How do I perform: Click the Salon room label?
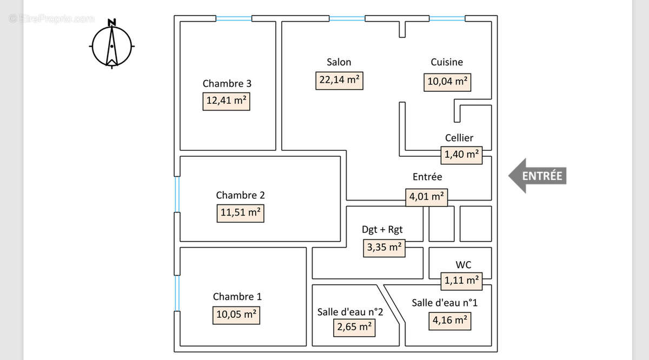click(x=339, y=62)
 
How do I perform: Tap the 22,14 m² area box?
click(x=339, y=81)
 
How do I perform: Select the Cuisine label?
click(x=447, y=62)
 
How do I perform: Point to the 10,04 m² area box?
click(x=447, y=82)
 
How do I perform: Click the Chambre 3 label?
click(x=227, y=83)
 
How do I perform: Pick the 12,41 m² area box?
click(x=226, y=102)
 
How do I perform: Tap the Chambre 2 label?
click(x=241, y=195)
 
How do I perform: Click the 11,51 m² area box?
click(x=241, y=214)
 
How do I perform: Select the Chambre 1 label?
click(x=237, y=297)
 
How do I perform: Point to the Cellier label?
click(x=459, y=138)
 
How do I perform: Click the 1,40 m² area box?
click(x=461, y=155)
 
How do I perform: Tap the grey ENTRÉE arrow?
click(x=538, y=176)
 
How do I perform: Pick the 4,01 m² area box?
click(x=427, y=197)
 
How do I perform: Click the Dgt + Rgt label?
click(x=382, y=230)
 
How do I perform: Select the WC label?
click(x=463, y=265)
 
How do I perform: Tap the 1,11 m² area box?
click(x=461, y=281)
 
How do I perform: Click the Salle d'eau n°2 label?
click(x=350, y=312)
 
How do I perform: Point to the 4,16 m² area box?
click(x=450, y=321)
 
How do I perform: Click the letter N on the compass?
click(x=112, y=22)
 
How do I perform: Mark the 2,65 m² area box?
click(x=354, y=328)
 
